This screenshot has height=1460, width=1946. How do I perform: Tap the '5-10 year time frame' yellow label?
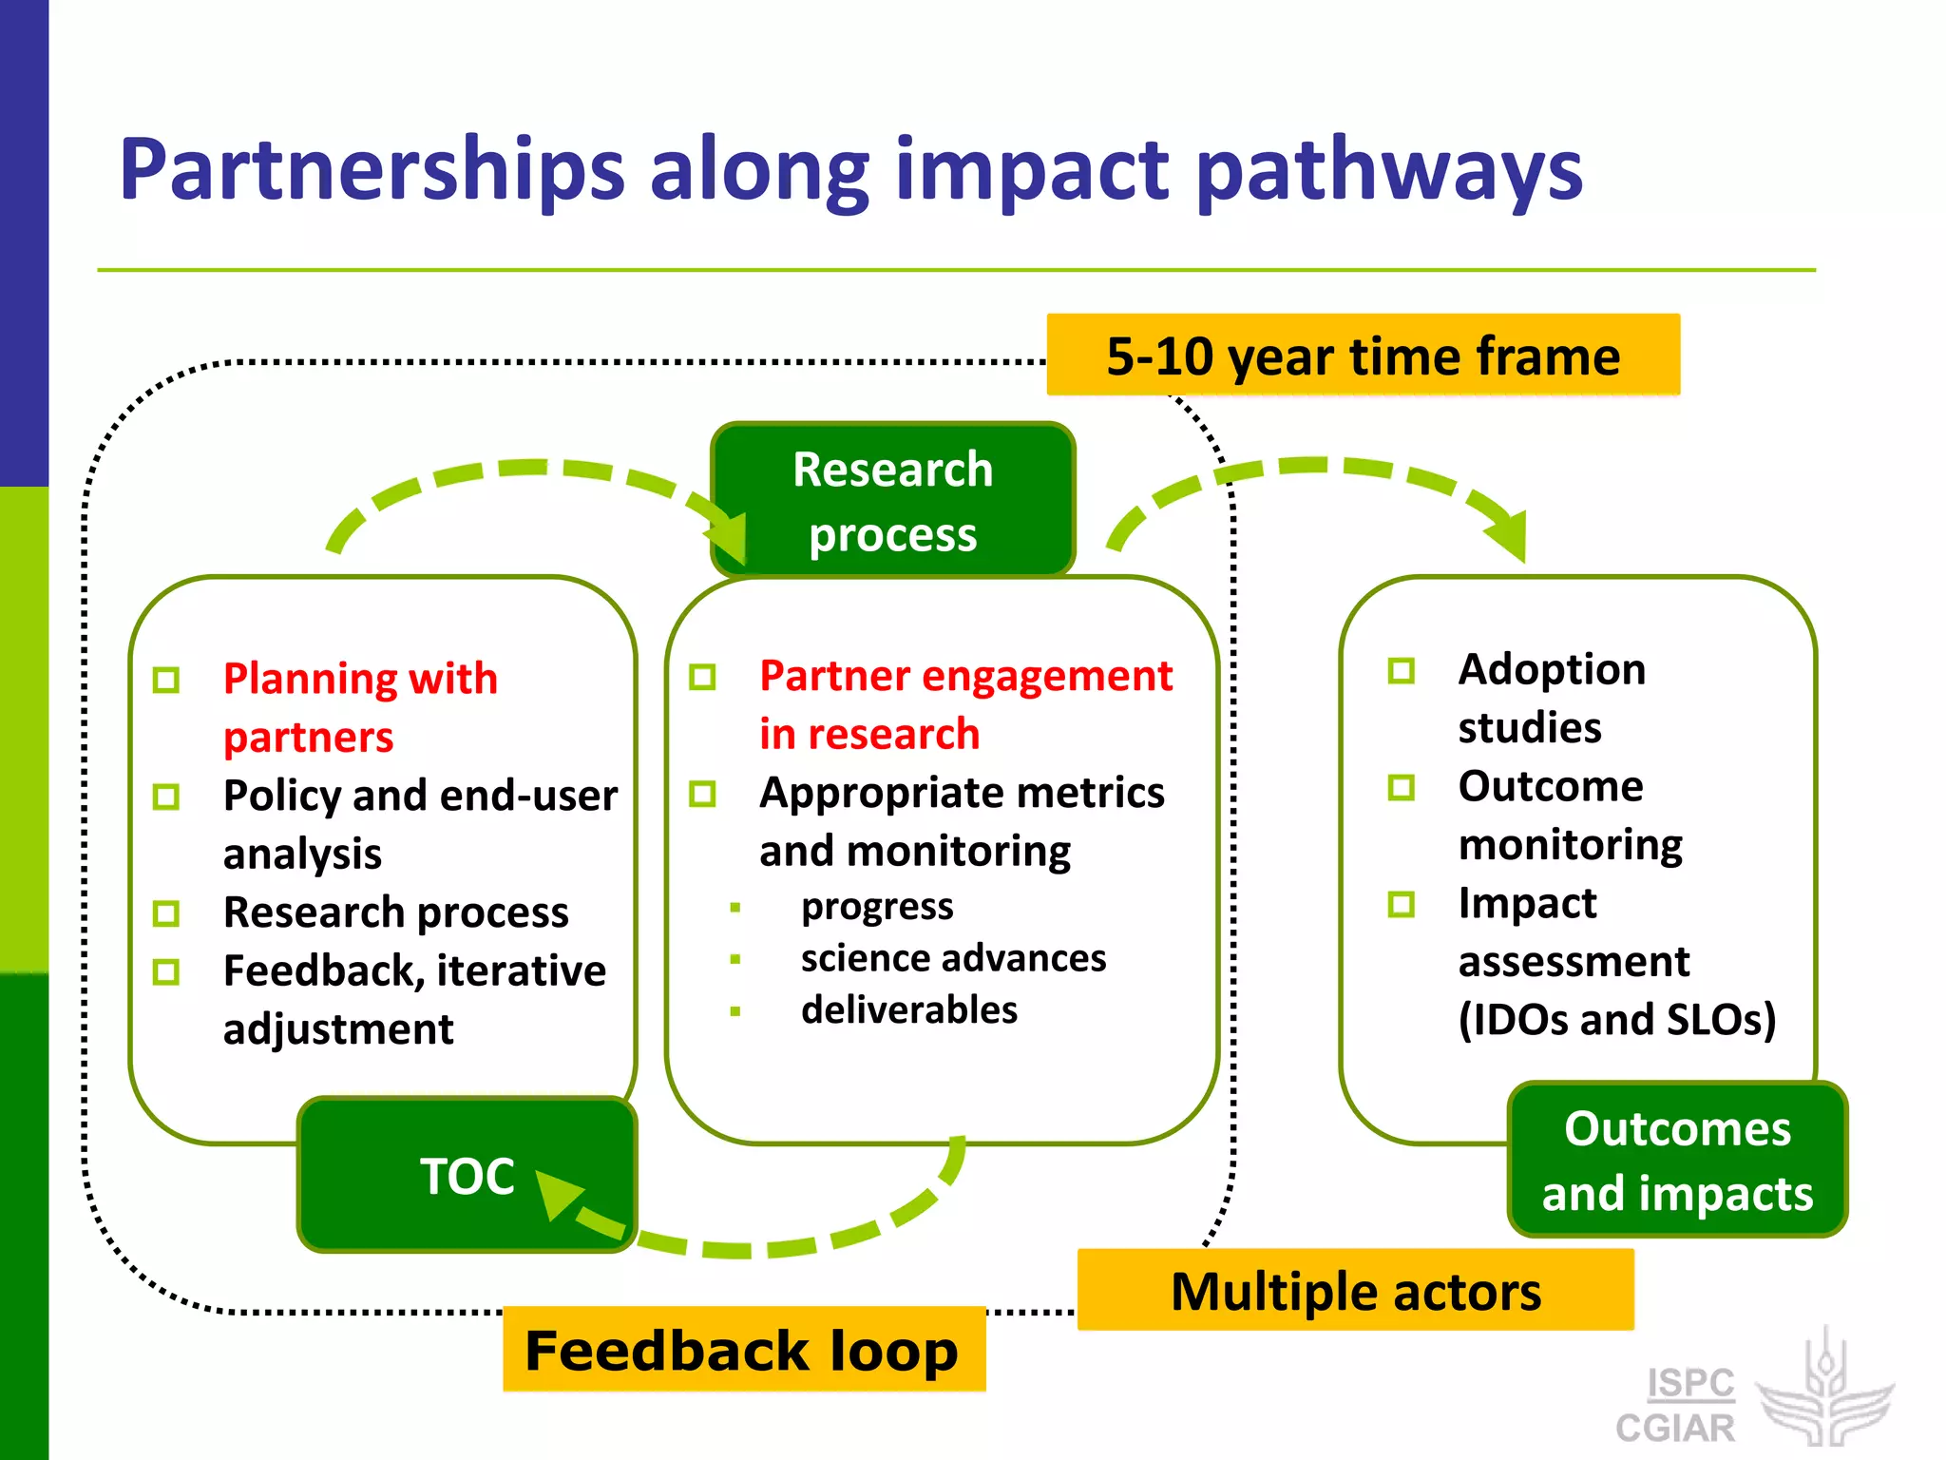pos(1363,355)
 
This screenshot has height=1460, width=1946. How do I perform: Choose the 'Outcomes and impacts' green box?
pos(1677,1160)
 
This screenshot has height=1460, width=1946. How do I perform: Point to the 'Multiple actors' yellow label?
pos(1356,1291)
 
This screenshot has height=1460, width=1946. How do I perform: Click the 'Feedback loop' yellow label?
pos(743,1350)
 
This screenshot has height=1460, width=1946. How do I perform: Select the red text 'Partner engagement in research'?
pos(964,704)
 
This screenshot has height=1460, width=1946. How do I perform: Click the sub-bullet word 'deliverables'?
pos(908,1009)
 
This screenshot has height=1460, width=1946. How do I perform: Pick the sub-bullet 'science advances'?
pos(953,958)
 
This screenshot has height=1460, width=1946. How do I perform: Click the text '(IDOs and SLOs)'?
pos(1616,1020)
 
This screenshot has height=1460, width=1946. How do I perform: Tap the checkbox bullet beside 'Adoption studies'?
pos(1401,671)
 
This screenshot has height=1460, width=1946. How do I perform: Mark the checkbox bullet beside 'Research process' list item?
pos(166,913)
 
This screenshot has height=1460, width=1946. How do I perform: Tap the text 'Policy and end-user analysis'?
pos(419,823)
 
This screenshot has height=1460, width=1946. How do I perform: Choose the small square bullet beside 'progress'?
pos(735,908)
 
